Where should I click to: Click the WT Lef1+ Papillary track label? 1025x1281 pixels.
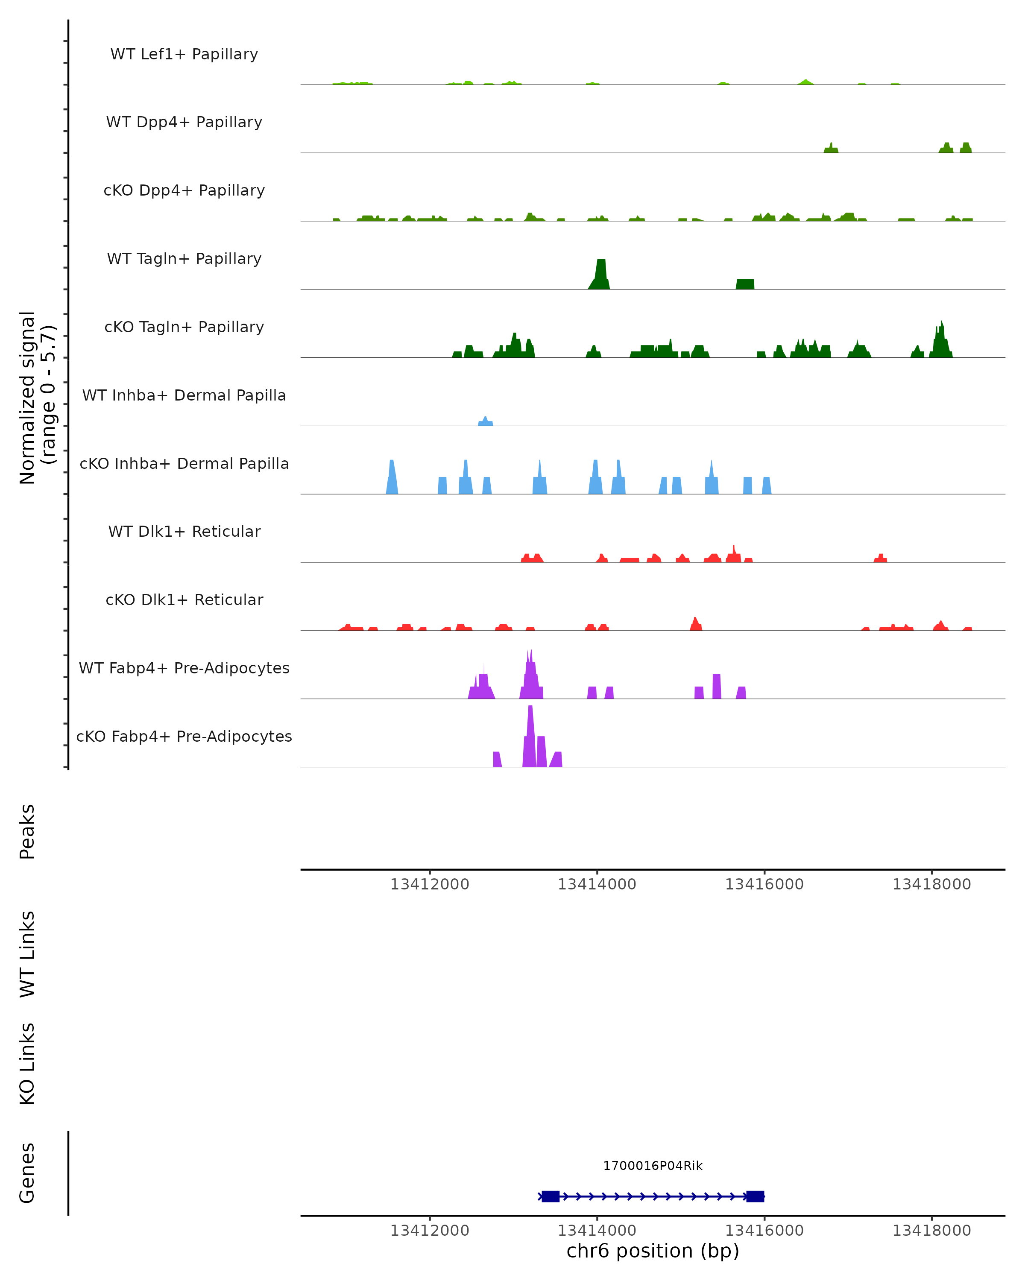pos(184,54)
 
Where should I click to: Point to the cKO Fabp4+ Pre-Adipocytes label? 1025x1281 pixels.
pos(184,736)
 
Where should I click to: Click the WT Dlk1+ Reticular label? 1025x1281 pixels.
pos(184,531)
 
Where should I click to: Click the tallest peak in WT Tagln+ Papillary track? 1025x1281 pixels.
pos(601,273)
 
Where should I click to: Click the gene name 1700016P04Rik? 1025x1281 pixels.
pos(653,1166)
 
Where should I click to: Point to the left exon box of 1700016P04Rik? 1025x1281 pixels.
pos(550,1196)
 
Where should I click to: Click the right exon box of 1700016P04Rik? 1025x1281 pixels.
pos(755,1196)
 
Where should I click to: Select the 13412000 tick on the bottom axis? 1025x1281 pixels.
pos(430,1231)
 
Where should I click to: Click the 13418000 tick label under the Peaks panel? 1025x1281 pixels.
pos(931,884)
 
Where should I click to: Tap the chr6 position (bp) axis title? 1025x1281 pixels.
pos(653,1251)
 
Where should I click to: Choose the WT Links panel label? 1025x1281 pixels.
pos(27,954)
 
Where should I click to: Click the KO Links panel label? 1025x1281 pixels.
pos(27,1064)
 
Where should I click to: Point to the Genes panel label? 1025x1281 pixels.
pos(27,1173)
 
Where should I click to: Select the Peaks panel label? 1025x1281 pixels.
pos(27,832)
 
